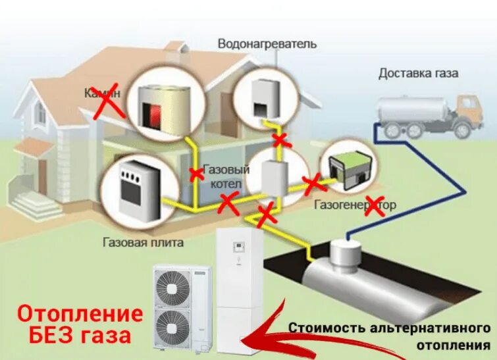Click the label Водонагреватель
[x=268, y=45]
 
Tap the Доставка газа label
[x=418, y=73]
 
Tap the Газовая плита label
[x=143, y=242]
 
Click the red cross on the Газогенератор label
[x=376, y=205]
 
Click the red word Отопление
[x=80, y=312]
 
